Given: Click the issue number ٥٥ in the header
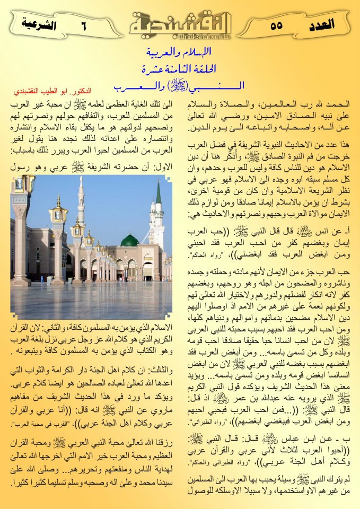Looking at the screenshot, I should coord(276,24).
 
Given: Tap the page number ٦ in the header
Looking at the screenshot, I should coord(84,24).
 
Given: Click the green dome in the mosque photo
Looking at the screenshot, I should coord(129,240).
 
